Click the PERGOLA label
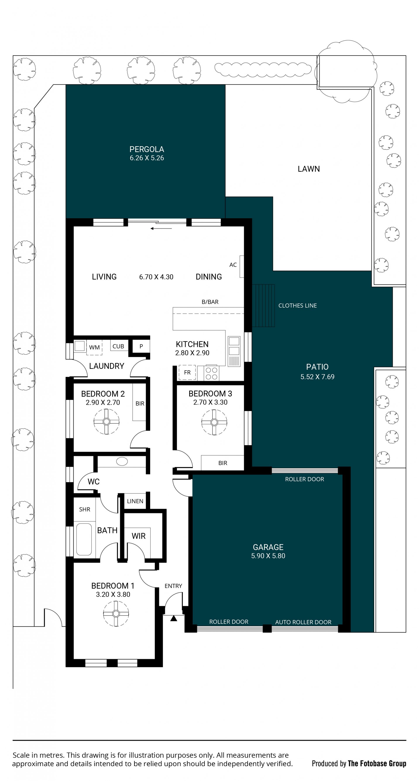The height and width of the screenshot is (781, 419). [147, 149]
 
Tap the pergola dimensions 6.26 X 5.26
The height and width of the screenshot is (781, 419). [147, 158]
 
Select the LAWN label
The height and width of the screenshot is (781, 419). [309, 169]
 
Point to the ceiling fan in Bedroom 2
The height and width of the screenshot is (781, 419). [106, 421]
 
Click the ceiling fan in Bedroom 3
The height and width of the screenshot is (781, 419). [214, 422]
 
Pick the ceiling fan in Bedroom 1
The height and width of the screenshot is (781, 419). [116, 614]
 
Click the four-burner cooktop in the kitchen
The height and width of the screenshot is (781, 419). [211, 373]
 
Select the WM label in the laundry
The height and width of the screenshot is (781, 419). [94, 347]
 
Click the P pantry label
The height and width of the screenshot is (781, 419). [141, 346]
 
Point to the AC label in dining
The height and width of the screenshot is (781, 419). [233, 265]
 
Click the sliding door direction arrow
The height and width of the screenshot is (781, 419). [161, 228]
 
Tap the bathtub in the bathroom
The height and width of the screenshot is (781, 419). [84, 539]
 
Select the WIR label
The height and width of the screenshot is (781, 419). [139, 536]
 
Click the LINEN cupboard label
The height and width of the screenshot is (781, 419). [135, 501]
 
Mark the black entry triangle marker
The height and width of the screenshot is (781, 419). [173, 618]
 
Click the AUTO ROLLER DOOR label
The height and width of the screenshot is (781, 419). [303, 622]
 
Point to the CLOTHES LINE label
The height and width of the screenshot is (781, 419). [297, 306]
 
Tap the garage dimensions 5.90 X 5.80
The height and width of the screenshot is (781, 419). [268, 556]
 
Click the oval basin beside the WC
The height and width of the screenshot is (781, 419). [122, 462]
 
